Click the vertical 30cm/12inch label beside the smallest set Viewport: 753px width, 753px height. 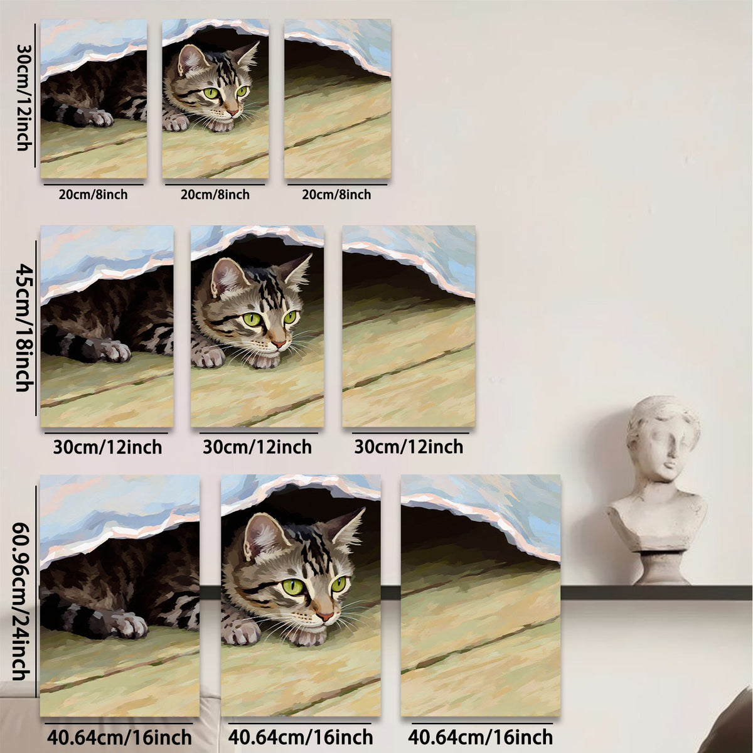coord(24,97)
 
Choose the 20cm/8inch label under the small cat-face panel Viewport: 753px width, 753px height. coord(215,194)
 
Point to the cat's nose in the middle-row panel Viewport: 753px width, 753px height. coord(279,344)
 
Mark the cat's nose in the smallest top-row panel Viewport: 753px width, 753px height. coord(234,113)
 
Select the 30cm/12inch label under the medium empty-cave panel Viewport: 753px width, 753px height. coord(409,447)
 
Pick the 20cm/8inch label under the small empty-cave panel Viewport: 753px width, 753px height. coord(336,194)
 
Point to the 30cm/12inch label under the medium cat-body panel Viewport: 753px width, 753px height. coord(107,447)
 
